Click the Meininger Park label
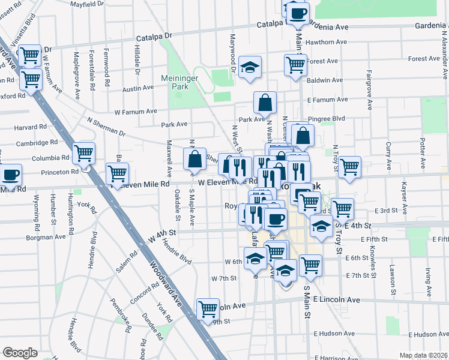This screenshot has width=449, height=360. coord(175,82)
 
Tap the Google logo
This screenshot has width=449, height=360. coord(20,353)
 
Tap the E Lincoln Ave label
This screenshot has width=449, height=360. coord(336,299)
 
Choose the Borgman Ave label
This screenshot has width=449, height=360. coord(46,238)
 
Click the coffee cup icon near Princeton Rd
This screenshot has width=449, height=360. coord(11,175)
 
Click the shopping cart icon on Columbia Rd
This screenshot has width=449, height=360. coord(83,154)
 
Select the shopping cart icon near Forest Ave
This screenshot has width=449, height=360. coord(295,65)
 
